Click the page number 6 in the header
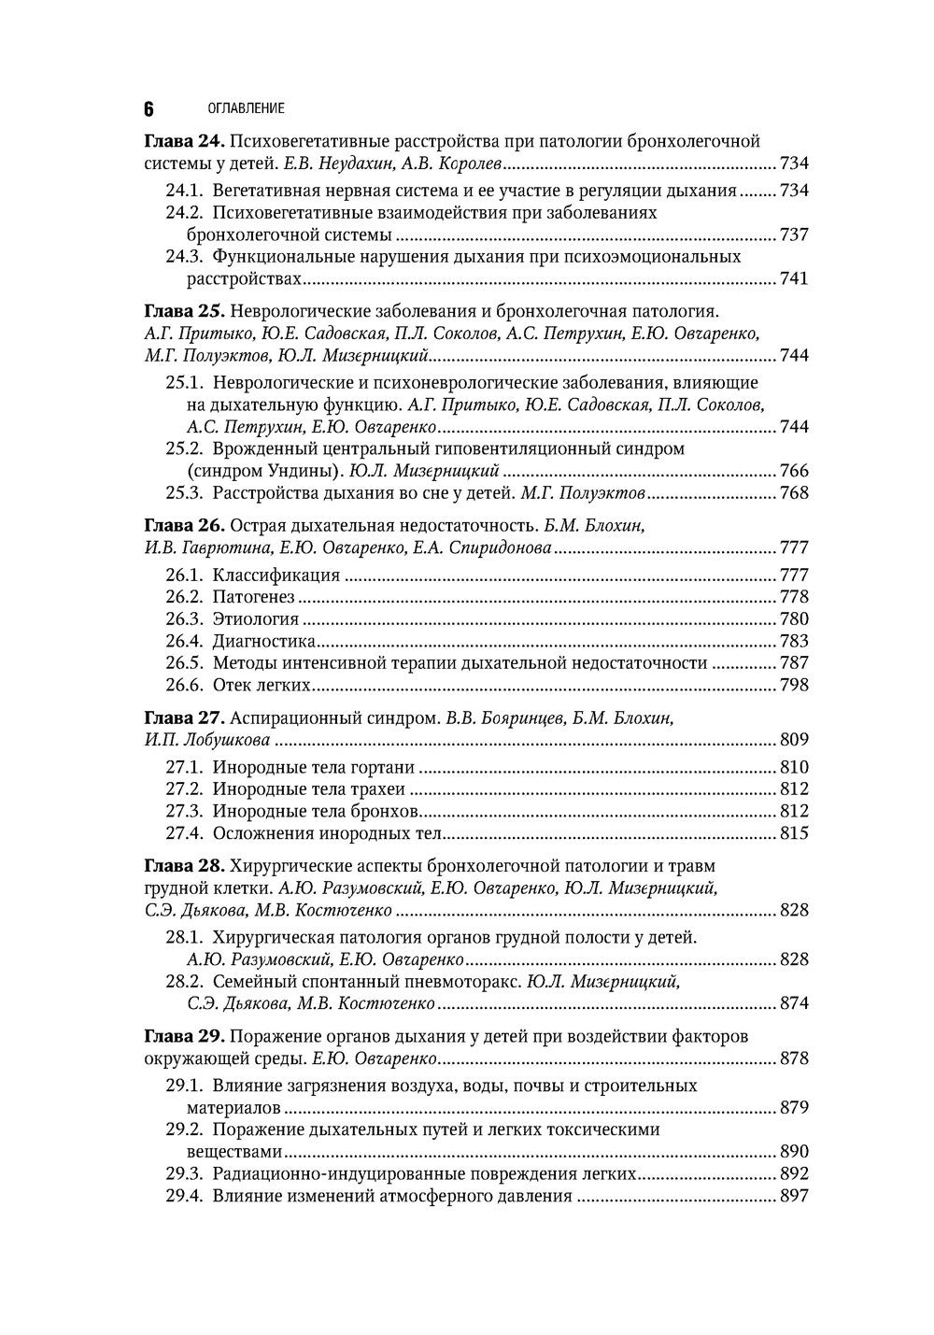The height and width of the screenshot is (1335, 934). tap(149, 108)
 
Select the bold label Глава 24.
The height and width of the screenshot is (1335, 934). tap(184, 141)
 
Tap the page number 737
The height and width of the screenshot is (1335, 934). tap(793, 234)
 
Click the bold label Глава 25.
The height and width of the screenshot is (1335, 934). tap(184, 311)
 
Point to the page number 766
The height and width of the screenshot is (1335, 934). tap(793, 471)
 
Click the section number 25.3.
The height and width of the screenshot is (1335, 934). tap(185, 493)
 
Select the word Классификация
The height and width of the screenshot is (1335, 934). tap(276, 575)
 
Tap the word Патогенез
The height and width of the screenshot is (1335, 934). tap(253, 597)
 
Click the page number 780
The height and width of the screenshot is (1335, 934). tap(793, 618)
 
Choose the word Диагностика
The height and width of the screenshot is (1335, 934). tap(263, 641)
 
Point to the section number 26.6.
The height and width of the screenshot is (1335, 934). tap(185, 685)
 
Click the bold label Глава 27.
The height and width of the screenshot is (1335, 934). tap(184, 717)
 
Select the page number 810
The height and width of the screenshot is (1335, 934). tap(793, 767)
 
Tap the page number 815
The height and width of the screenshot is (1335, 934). tap(793, 833)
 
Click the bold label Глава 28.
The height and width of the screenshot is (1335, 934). tap(184, 865)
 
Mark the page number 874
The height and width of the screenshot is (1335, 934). tap(793, 1003)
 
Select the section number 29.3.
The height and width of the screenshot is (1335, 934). tap(185, 1173)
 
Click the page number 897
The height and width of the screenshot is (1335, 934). tap(793, 1196)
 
